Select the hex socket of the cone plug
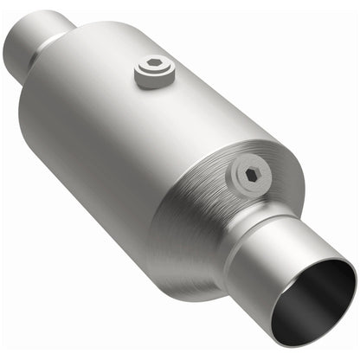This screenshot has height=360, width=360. (252, 175)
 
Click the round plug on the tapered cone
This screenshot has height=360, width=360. (250, 177)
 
